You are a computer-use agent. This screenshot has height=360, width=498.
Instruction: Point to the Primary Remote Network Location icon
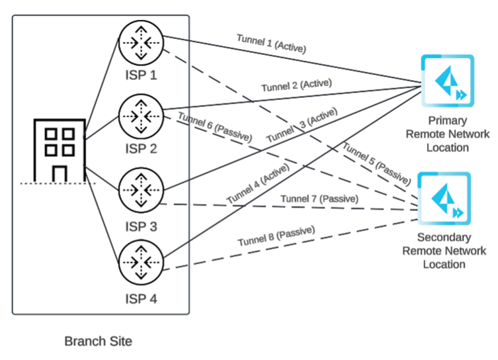click(448, 82)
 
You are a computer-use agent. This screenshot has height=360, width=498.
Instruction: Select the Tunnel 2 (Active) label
click(296, 85)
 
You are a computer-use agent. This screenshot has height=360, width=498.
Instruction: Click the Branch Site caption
click(98, 342)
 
